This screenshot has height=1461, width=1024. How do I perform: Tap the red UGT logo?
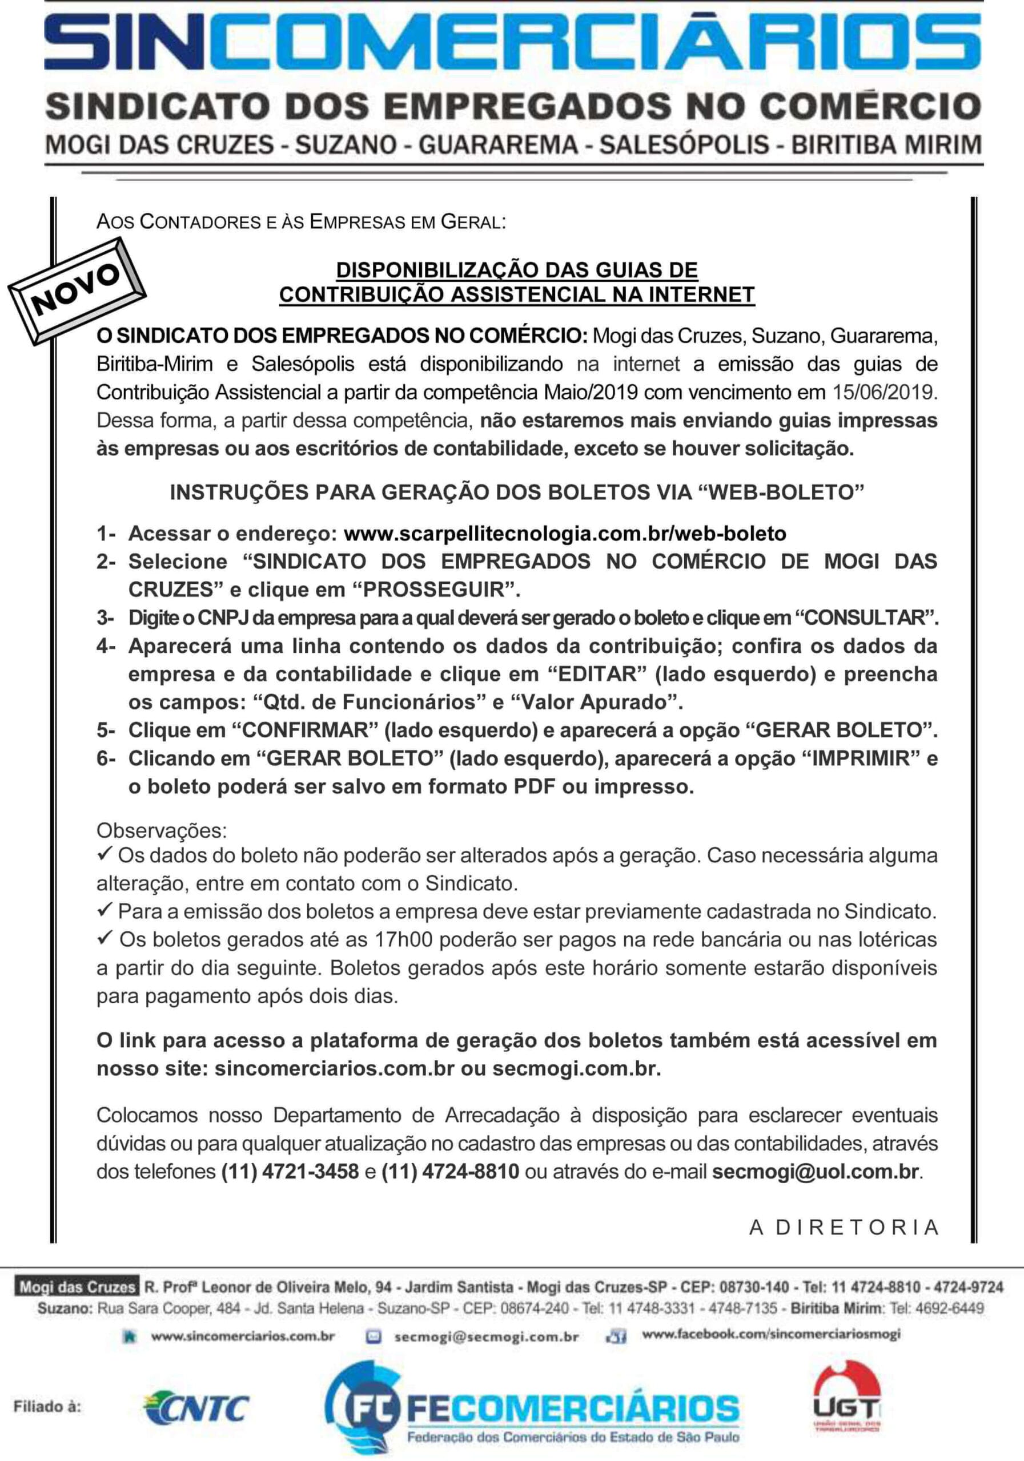pos(846,1400)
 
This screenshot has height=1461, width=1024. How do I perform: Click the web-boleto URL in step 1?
pos(564,533)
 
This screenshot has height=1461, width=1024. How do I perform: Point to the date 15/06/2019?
pos(884,392)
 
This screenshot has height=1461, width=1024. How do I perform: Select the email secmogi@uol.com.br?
pos(815,1172)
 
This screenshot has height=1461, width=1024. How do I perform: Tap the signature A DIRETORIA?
pos(845,1228)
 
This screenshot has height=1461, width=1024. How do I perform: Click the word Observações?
pos(161,830)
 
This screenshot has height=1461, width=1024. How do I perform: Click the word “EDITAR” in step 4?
pos(593,674)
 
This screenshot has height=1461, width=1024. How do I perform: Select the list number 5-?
pos(106,730)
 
